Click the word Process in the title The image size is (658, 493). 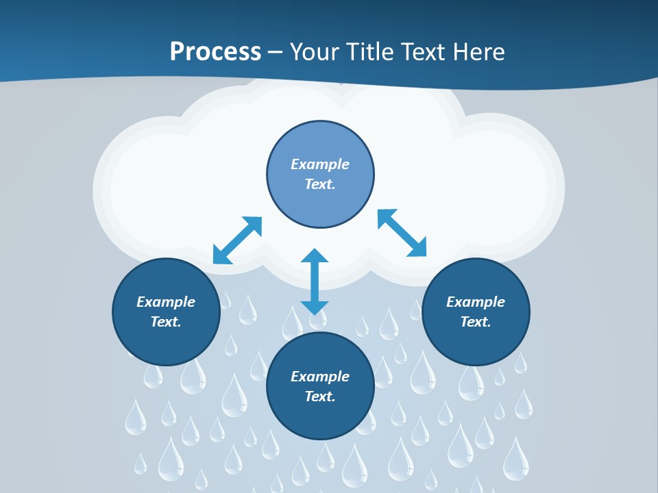215,52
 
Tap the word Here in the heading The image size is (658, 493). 478,52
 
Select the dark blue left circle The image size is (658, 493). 166,342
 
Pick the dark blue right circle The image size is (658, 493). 476,342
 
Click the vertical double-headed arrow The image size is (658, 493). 315,281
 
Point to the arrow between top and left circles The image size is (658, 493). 238,240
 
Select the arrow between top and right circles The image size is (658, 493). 402,233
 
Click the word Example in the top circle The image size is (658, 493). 320,164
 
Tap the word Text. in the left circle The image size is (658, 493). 166,322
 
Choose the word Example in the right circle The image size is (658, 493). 476,302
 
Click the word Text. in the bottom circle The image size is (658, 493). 320,396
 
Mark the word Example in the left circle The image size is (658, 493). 166,302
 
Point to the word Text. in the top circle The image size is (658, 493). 320,184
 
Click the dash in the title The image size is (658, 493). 276,52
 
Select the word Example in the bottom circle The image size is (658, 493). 320,377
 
